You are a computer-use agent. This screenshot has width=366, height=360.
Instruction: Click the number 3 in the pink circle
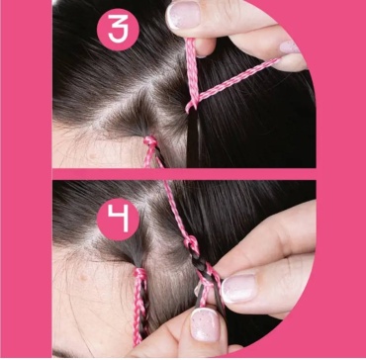click(x=119, y=30)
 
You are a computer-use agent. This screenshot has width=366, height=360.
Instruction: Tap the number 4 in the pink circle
click(x=119, y=219)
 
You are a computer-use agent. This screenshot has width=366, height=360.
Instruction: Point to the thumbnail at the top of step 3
click(x=183, y=14)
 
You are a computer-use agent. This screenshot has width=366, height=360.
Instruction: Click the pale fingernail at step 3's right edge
click(x=290, y=46)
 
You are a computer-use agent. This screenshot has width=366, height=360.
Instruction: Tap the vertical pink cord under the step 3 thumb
click(x=193, y=72)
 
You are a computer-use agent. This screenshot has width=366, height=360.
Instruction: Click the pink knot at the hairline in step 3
click(x=150, y=141)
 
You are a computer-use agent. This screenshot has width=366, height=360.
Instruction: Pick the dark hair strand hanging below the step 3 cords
click(x=193, y=138)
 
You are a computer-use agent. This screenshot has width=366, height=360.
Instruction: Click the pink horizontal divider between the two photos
click(x=184, y=174)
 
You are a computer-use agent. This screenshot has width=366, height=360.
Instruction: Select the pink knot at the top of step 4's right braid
click(x=191, y=243)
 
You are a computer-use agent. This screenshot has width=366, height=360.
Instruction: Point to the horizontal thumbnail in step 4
click(x=239, y=288)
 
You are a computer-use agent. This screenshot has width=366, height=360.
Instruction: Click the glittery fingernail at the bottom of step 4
click(x=204, y=325)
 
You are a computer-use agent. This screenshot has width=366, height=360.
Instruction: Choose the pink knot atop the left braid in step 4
click(x=140, y=274)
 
